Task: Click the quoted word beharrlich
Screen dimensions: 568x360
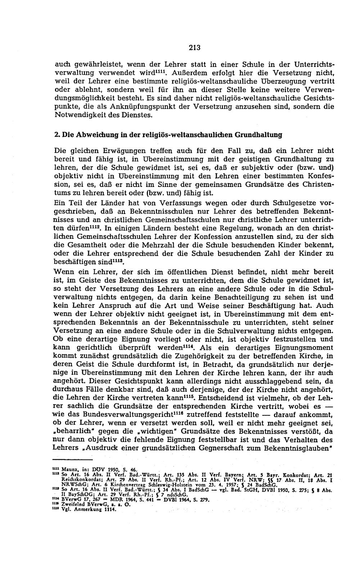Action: pos(72,431)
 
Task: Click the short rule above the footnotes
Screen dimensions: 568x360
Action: pos(72,459)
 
